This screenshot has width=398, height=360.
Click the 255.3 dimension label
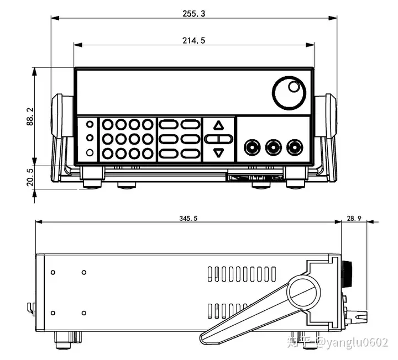point(193,13)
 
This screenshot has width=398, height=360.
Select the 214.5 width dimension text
point(193,40)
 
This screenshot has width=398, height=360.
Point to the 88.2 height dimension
point(30,117)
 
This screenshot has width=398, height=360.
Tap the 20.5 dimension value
point(30,177)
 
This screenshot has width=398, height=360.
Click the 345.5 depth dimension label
point(188,218)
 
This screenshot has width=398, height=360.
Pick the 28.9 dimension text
point(354,218)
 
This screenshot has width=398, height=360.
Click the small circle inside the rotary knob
point(294,87)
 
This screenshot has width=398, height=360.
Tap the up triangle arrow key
point(218,125)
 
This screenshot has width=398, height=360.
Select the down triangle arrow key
point(218,153)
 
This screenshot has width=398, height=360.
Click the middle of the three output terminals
point(274,147)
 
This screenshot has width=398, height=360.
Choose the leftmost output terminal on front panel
point(252,147)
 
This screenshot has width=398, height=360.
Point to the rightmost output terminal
point(295,147)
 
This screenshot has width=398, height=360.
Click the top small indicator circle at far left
point(90,124)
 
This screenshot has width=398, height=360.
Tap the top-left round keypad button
point(108,124)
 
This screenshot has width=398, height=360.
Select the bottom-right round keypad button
point(148,153)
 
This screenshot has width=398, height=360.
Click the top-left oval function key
point(168,124)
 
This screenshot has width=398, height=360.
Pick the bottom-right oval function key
point(190,153)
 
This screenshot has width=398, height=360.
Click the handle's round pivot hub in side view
point(304,293)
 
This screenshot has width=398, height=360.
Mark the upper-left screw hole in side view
point(53,273)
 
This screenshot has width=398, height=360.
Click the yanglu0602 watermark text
point(358,342)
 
